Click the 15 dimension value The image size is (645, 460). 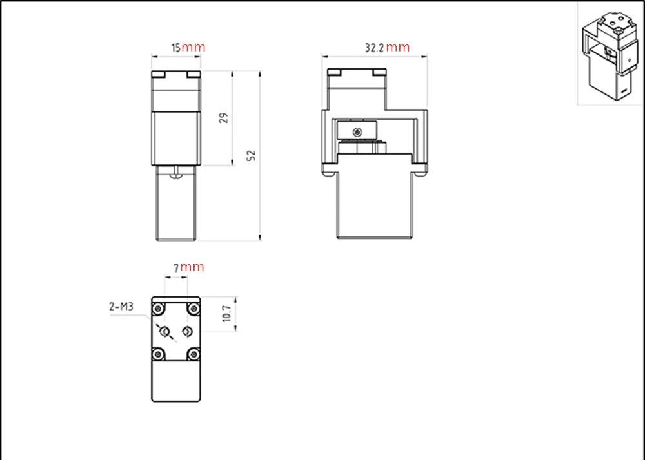(x=175, y=48)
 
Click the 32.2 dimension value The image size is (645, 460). (x=374, y=48)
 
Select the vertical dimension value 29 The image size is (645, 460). (x=224, y=119)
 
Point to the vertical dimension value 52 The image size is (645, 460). (x=252, y=155)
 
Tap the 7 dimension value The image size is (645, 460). (x=176, y=268)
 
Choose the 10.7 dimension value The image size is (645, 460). (x=226, y=314)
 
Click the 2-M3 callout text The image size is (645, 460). (x=121, y=307)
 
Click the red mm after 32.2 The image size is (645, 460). (x=398, y=47)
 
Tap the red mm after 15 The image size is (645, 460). (x=193, y=47)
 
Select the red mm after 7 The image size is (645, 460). (x=192, y=267)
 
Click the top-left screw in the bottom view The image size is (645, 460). (x=158, y=309)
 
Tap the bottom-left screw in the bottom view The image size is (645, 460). (x=158, y=354)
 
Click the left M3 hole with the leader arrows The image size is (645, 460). (x=165, y=331)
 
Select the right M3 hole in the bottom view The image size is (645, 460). (x=187, y=331)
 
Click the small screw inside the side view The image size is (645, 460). (x=357, y=132)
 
